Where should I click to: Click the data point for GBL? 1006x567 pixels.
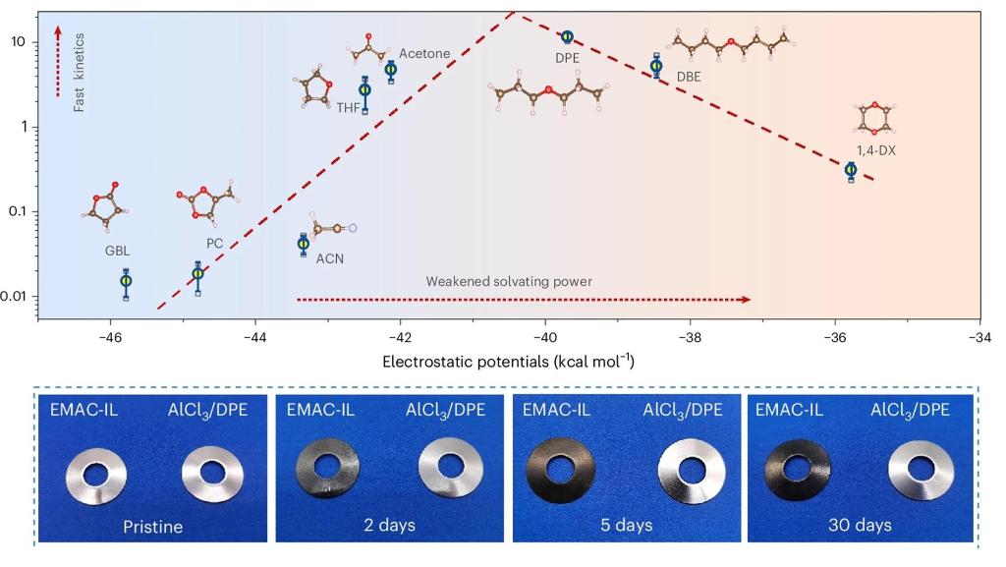click(126, 281)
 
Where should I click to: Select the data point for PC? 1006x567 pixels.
click(197, 274)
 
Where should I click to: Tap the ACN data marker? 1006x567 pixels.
click(304, 244)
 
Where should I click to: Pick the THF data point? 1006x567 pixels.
click(365, 89)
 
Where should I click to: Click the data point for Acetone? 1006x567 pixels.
click(391, 69)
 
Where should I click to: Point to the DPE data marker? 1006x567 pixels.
click(567, 37)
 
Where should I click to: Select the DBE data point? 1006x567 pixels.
click(656, 67)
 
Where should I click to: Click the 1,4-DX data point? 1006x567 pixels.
click(851, 170)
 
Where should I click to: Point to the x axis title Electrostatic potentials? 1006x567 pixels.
click(508, 362)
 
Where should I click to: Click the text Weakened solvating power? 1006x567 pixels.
click(509, 281)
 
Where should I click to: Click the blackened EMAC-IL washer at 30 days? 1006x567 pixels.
click(800, 478)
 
